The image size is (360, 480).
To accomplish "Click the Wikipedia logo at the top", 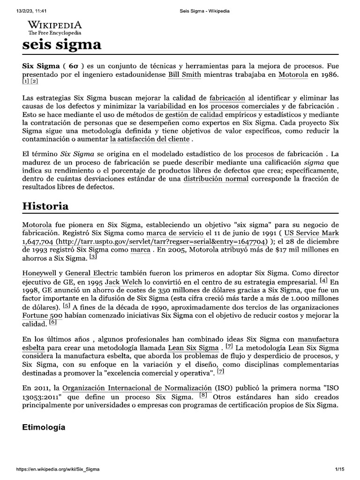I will coord(55,27).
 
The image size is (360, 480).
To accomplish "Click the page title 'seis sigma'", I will coord(62,45).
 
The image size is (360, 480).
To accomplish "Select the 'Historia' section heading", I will coord(45,206).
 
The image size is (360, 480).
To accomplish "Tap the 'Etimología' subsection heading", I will coord(44,427).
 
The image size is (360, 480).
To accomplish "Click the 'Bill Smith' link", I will coord(184,75).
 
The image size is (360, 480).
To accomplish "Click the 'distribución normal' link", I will coord(213,179).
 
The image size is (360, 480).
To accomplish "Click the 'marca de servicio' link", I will coord(172,232).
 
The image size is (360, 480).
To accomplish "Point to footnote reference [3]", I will coord(93,256).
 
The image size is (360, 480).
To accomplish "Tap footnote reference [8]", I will coord(203,395).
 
